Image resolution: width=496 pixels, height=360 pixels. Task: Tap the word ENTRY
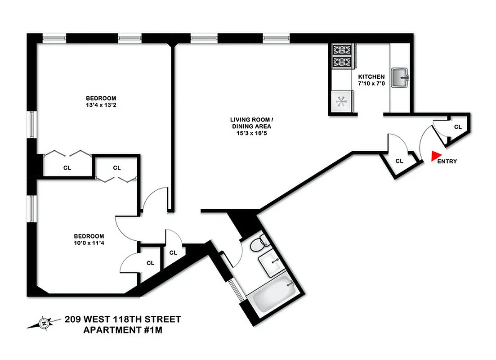(x=447, y=162)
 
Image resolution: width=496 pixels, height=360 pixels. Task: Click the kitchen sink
(x=399, y=77)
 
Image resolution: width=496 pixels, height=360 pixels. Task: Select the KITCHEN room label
(x=371, y=77)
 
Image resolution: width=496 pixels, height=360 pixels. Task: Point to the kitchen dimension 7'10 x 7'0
(x=371, y=84)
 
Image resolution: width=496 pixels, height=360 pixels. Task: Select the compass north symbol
(x=44, y=323)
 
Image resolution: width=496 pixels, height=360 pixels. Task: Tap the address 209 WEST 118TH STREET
(x=123, y=319)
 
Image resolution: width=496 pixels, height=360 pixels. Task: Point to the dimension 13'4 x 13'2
(x=101, y=105)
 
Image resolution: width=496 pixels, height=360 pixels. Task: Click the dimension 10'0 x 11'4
(x=89, y=243)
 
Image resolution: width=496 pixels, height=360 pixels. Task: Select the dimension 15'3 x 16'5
(x=251, y=133)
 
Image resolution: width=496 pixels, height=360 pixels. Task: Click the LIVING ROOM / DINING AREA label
(x=251, y=123)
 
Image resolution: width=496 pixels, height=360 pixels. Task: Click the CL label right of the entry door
(x=458, y=127)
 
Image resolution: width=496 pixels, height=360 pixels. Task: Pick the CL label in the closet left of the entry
(x=399, y=161)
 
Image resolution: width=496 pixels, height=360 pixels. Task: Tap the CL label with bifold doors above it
(x=67, y=168)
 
